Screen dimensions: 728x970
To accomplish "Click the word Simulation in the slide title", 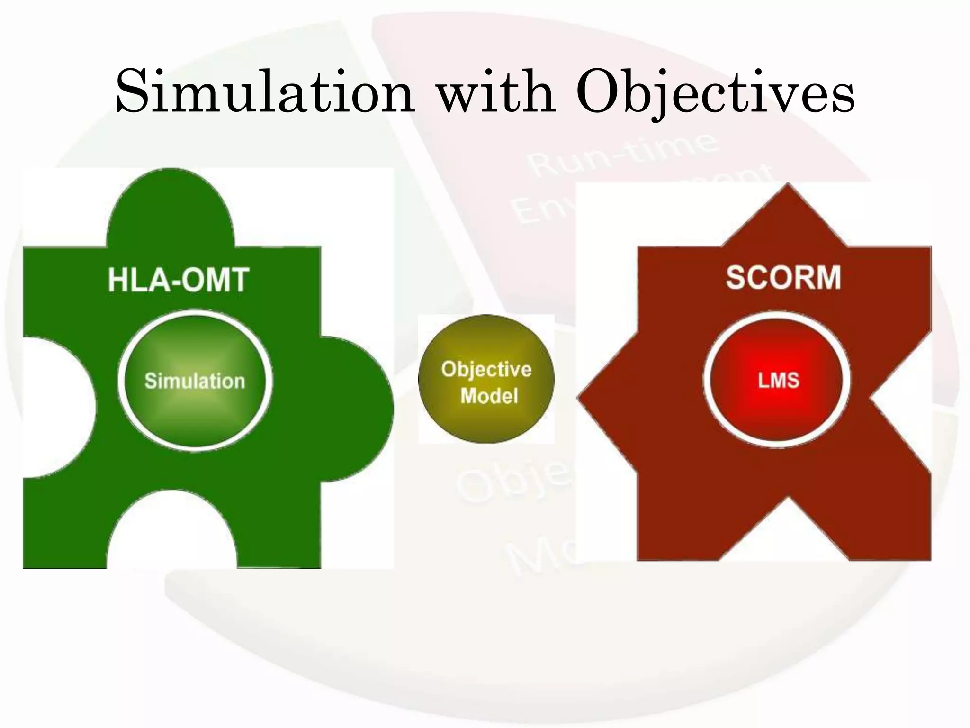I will [265, 92].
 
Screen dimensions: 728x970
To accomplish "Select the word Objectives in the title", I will [716, 93].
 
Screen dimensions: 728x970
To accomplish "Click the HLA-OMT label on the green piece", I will [179, 280].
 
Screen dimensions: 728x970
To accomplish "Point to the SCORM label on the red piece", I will [783, 277].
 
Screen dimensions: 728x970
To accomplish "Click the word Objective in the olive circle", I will [486, 369].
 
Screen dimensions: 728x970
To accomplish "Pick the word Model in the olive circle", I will [489, 396].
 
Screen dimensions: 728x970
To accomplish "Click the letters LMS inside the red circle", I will [778, 380].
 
